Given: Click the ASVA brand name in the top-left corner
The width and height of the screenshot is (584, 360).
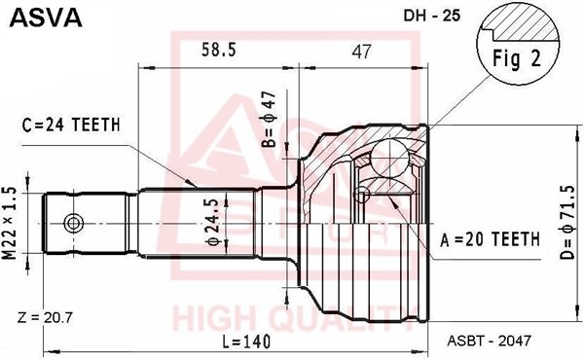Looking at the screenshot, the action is (x=46, y=18).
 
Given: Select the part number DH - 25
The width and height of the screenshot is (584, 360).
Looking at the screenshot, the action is (x=432, y=16).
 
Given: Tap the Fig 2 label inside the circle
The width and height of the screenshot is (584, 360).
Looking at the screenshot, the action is (x=517, y=58).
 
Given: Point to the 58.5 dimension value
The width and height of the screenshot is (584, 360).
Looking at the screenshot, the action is (x=219, y=50).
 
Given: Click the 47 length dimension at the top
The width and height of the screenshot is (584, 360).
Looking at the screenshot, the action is (x=361, y=52).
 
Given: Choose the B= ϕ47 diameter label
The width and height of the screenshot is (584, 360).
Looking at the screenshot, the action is (x=269, y=119).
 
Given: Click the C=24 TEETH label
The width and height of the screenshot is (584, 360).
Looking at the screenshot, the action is (x=71, y=125).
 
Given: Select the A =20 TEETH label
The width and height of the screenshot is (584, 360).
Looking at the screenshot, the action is (x=490, y=239).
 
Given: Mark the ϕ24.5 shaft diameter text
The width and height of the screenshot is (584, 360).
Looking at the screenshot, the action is (x=213, y=222).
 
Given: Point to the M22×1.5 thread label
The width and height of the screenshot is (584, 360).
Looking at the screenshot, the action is (x=10, y=223).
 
